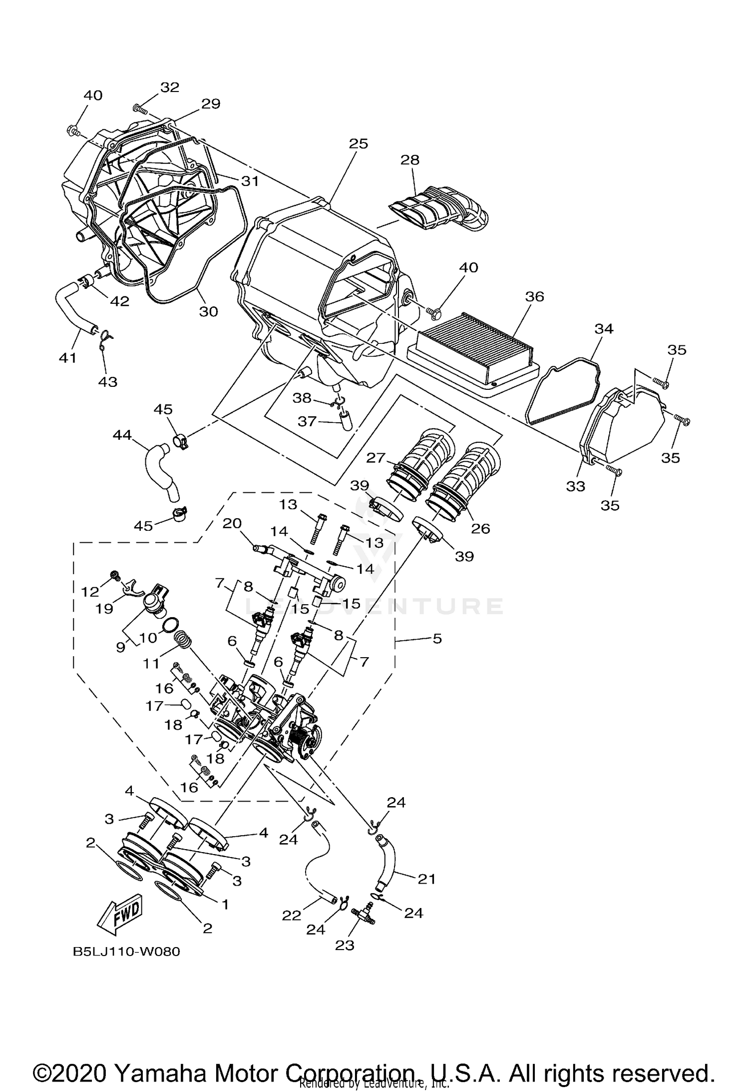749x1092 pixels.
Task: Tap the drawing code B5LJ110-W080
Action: [x=126, y=952]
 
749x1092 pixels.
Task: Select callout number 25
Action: [x=358, y=143]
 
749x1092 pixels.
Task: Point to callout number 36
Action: [x=534, y=296]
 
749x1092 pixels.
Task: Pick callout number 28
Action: [x=410, y=160]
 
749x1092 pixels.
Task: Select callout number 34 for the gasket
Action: [x=604, y=328]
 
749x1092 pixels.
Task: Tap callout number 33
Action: [x=575, y=486]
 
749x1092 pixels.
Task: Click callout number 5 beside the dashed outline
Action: [x=437, y=638]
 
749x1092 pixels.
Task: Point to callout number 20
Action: [x=232, y=523]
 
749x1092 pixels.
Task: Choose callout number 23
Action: [x=345, y=945]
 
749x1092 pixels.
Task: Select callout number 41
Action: [x=68, y=358]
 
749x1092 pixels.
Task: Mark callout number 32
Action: [x=170, y=87]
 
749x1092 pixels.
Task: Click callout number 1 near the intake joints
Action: [x=225, y=904]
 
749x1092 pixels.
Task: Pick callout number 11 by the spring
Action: [x=151, y=663]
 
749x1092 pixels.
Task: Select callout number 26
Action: [x=481, y=528]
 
